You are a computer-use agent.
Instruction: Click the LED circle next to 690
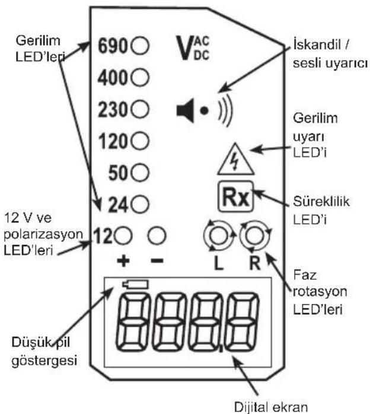(x=140, y=46)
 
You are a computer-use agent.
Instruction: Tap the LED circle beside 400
(x=140, y=77)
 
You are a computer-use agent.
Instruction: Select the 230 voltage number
(x=113, y=110)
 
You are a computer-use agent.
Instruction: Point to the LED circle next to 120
(x=140, y=141)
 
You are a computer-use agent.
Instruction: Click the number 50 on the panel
(x=119, y=173)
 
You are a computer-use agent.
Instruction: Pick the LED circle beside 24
(x=140, y=204)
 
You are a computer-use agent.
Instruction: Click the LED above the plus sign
(x=123, y=235)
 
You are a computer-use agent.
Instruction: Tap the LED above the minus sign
(x=157, y=235)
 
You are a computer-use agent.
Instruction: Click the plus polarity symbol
(x=123, y=261)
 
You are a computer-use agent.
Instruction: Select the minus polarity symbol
(x=157, y=261)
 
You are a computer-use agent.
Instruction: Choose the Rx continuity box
(x=235, y=197)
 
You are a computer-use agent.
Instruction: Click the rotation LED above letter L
(x=219, y=235)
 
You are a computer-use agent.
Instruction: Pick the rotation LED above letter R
(x=255, y=235)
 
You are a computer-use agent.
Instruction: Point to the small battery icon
(x=135, y=284)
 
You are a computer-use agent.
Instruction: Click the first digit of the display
(x=131, y=322)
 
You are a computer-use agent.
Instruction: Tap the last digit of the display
(x=243, y=322)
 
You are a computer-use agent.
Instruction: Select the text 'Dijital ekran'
(x=271, y=407)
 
